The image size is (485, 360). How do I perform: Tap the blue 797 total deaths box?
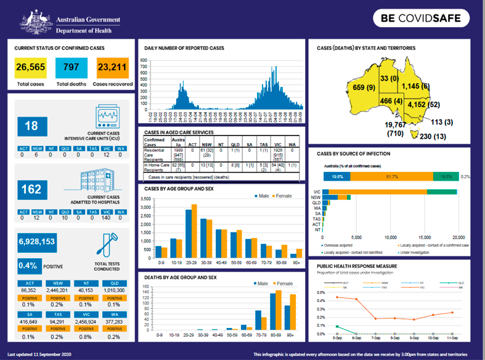tap(71, 67)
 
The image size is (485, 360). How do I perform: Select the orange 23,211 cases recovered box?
tap(112, 67)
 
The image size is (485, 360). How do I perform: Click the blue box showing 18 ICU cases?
tap(31, 126)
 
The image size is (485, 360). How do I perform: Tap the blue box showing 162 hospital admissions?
tap(31, 188)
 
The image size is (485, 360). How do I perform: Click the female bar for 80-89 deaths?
tap(279, 310)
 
